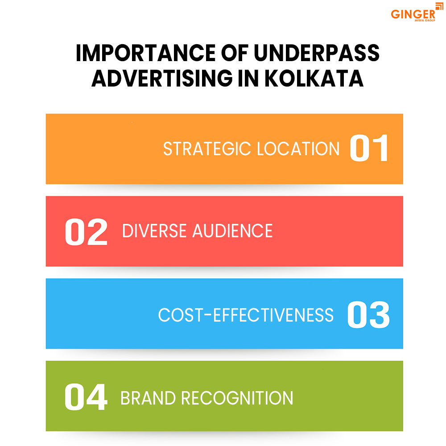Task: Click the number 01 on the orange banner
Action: click(x=369, y=149)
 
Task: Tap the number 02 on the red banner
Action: click(x=86, y=231)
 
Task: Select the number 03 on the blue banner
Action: click(x=368, y=315)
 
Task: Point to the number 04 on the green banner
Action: click(x=86, y=397)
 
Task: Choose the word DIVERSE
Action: click(x=154, y=231)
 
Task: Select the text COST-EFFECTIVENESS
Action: click(x=246, y=315)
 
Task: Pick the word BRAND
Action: click(x=147, y=397)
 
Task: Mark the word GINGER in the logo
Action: click(x=413, y=14)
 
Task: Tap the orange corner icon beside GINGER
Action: click(x=439, y=5)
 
